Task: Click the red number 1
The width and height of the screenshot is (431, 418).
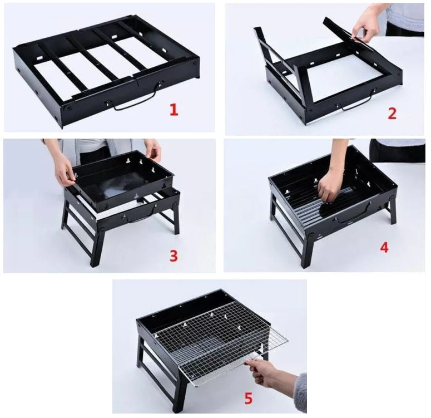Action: pos(174,110)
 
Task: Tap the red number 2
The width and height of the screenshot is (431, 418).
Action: pos(393,114)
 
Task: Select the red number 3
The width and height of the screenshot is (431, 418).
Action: pos(174,255)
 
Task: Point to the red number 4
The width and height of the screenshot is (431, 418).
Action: pos(384,247)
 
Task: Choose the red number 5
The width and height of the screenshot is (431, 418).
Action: pos(248,399)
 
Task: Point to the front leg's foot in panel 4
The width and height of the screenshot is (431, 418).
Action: pos(305,265)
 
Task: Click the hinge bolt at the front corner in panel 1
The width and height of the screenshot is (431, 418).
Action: pos(68,109)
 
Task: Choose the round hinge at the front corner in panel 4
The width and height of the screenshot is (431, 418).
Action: pos(311,236)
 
